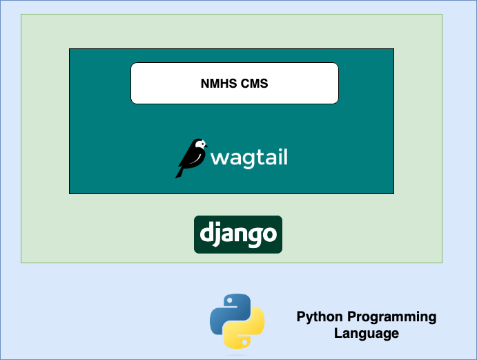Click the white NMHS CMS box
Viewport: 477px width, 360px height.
(235, 83)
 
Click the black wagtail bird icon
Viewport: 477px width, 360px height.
(191, 158)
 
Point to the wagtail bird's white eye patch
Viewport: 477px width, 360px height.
(201, 144)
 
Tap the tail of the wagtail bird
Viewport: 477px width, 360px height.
(179, 172)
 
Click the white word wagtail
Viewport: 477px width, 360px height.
(249, 158)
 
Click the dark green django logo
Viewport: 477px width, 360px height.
(238, 234)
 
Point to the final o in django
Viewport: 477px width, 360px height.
(269, 234)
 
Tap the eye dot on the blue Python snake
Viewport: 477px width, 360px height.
(230, 301)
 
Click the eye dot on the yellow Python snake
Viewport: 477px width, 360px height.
(245, 342)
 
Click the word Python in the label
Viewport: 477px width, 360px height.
(320, 317)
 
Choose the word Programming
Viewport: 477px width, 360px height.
(392, 317)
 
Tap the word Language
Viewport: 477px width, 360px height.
(367, 334)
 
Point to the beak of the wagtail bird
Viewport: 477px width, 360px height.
(206, 146)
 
